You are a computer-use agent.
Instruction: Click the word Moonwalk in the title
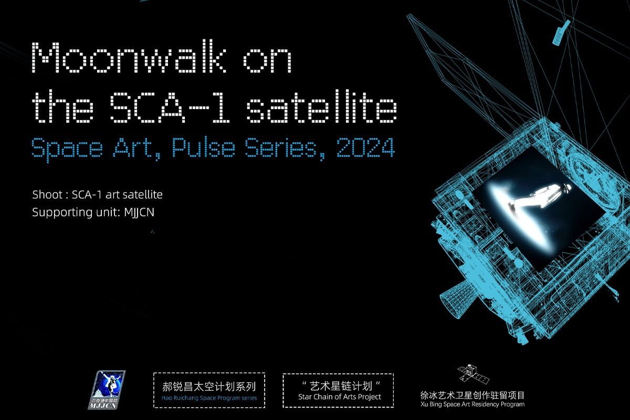tap(129, 57)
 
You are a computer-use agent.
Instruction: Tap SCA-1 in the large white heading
tap(170, 107)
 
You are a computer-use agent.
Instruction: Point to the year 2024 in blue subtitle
tap(365, 148)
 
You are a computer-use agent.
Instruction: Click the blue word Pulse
tap(203, 147)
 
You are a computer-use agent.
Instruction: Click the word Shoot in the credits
tap(47, 195)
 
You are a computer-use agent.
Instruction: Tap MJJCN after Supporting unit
tap(139, 212)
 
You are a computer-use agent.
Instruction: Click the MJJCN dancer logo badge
tap(107, 390)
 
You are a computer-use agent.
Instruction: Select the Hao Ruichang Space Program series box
tap(209, 390)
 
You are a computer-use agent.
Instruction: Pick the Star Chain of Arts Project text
tap(340, 397)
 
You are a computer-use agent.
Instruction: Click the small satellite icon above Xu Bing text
tap(473, 374)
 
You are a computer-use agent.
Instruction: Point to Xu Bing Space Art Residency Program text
tap(472, 405)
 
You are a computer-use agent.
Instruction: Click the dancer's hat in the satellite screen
tap(567, 187)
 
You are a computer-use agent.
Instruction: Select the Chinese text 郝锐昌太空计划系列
tap(209, 386)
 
